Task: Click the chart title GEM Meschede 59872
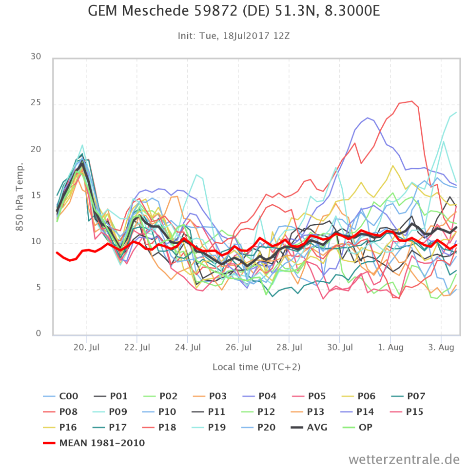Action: [234, 11]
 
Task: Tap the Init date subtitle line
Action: [234, 36]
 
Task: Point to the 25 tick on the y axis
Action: [36, 104]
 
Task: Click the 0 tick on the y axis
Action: [39, 334]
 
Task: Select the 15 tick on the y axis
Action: [36, 196]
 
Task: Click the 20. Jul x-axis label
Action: [86, 347]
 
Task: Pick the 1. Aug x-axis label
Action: [390, 347]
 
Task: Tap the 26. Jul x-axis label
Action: [238, 347]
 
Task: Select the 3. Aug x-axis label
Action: [441, 347]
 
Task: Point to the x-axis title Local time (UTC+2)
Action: [255, 367]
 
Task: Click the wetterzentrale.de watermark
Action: [404, 459]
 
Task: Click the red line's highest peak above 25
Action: [412, 101]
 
